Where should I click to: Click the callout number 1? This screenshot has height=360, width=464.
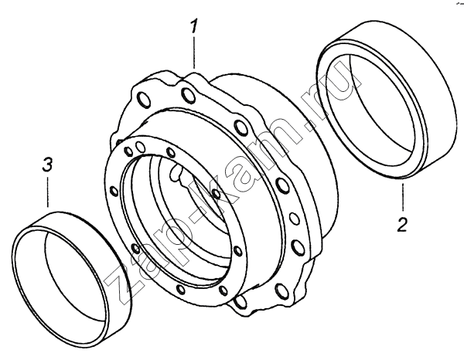coord(193,26)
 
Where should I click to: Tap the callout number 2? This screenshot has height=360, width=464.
coord(402,224)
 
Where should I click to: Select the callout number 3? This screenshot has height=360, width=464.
coord(48,165)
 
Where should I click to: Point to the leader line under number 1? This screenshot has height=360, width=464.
coord(194,53)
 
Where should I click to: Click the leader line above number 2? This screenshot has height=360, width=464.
coord(402,197)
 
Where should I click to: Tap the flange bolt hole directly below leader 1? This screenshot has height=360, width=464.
coord(188,94)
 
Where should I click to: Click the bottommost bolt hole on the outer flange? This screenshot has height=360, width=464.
coord(241,302)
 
